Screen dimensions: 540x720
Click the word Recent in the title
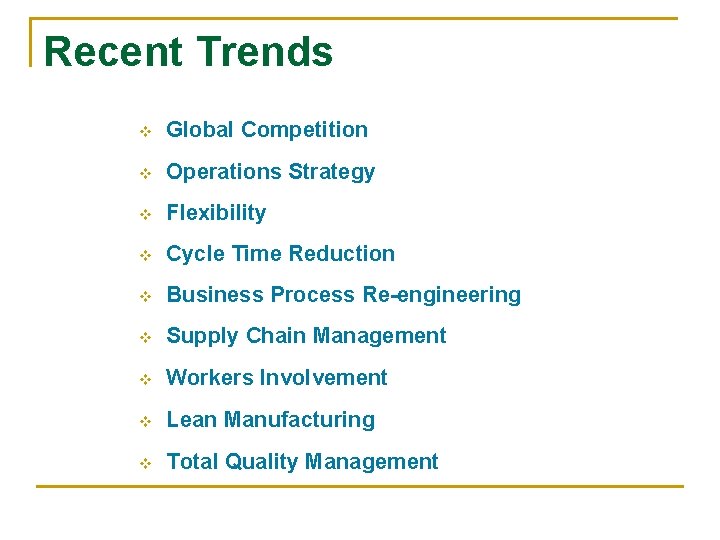[x=113, y=52]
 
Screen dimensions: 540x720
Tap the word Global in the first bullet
[x=200, y=130]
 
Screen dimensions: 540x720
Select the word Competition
[x=304, y=130]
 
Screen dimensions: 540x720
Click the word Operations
[x=224, y=172]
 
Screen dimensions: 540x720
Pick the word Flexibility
[x=216, y=213]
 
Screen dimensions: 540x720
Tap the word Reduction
[x=341, y=254]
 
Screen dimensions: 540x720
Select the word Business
[x=208, y=295]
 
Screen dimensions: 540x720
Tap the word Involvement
[x=323, y=378]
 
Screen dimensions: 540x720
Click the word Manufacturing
[x=299, y=420]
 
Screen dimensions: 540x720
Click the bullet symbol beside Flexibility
[x=144, y=214]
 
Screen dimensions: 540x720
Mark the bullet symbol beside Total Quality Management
[x=144, y=463]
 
